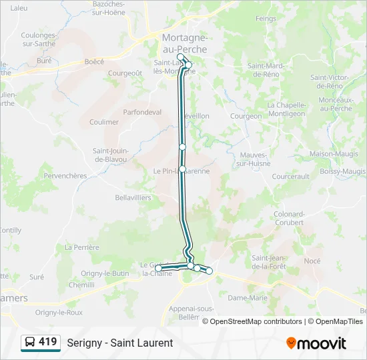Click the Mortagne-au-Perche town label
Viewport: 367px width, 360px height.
184,43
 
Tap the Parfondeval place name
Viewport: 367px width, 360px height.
142,112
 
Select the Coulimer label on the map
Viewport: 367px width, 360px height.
104,122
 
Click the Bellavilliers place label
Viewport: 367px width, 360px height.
133,197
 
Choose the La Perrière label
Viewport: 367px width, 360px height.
81,247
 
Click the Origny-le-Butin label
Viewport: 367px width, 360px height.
105,273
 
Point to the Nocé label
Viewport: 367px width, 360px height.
312,261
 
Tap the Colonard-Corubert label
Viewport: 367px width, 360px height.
289,218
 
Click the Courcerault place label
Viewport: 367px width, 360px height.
291,177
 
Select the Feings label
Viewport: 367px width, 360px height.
266,19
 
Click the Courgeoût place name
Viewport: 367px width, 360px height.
125,73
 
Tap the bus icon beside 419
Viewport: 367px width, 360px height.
30,343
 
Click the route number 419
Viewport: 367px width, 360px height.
47,342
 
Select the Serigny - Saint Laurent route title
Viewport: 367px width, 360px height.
120,343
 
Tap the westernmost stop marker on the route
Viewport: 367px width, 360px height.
158,268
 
